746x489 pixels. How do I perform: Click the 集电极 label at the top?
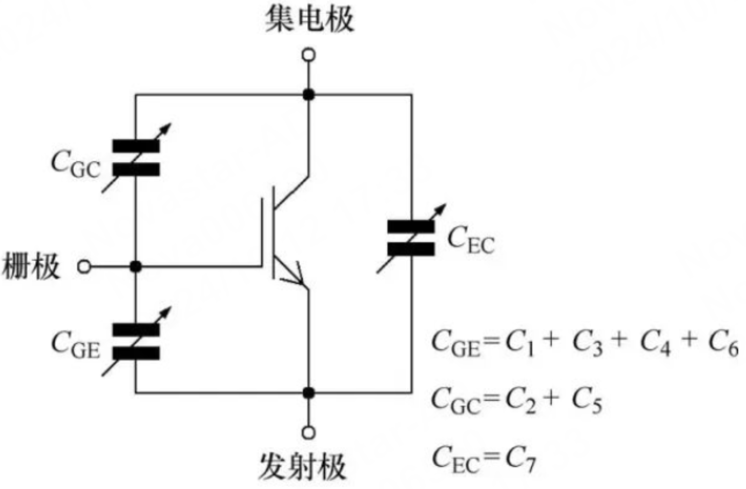[x=309, y=20]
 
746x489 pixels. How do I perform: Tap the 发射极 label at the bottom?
[x=302, y=467]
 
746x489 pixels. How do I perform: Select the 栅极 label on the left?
[x=31, y=266]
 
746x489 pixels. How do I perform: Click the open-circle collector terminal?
[x=309, y=55]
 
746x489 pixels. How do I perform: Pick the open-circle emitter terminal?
[x=309, y=432]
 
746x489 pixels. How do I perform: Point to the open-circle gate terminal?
[x=84, y=266]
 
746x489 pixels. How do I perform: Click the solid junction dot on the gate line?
[x=136, y=266]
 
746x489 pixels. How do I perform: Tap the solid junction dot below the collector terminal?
[x=309, y=95]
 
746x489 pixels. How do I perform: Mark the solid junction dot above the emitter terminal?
[x=309, y=393]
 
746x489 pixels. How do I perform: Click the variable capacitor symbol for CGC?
[x=136, y=158]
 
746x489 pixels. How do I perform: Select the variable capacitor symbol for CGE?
[x=136, y=341]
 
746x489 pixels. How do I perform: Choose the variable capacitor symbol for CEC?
[x=411, y=238]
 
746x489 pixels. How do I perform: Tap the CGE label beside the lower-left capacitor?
[x=75, y=345]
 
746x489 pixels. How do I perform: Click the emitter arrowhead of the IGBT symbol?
[x=296, y=275]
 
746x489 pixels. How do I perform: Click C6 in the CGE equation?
[x=723, y=343]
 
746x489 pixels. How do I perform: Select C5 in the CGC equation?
[x=587, y=401]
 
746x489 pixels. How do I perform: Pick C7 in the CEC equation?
[x=520, y=459]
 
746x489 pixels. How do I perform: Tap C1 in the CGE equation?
[x=519, y=343]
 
